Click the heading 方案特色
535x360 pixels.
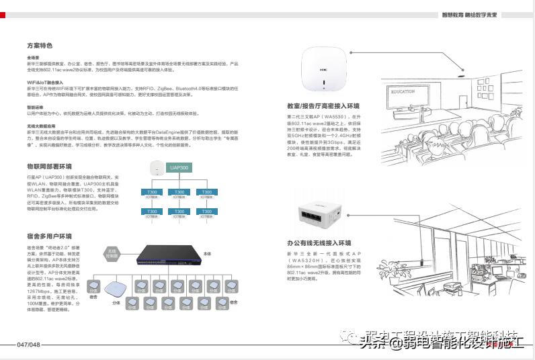(39, 46)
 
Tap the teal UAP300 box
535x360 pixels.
(179, 168)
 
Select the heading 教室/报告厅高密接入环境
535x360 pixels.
(323, 106)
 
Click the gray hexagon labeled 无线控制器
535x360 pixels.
(114, 253)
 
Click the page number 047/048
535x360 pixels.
(28, 345)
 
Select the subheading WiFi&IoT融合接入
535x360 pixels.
(44, 82)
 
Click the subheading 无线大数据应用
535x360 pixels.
(42, 126)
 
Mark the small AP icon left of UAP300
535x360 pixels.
(155, 168)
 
